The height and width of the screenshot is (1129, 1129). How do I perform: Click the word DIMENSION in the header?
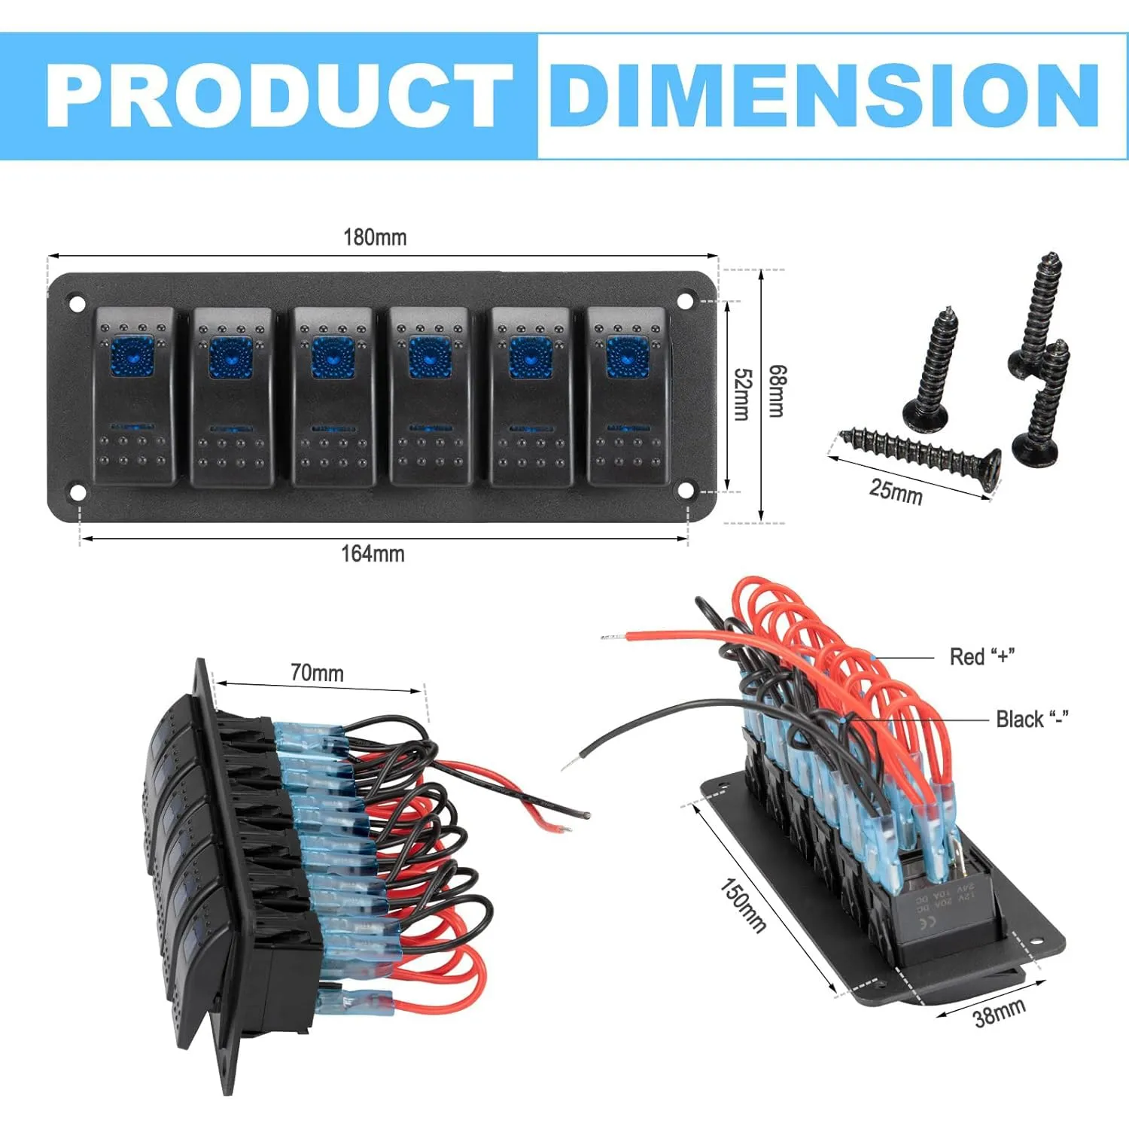click(x=825, y=96)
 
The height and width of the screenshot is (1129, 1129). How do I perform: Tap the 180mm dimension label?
click(x=375, y=237)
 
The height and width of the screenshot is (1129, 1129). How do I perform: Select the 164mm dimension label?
click(x=373, y=554)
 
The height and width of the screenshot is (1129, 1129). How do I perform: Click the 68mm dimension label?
click(x=777, y=391)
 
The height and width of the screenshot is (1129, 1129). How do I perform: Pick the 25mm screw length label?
click(x=896, y=491)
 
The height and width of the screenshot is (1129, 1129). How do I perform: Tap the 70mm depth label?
click(x=317, y=672)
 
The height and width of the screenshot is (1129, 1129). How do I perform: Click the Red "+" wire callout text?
click(x=982, y=656)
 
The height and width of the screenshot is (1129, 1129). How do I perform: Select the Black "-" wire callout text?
click(x=1032, y=719)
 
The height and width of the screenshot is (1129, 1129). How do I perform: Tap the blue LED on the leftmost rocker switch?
click(x=133, y=357)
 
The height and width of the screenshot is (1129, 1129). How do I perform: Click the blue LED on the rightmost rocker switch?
click(x=628, y=357)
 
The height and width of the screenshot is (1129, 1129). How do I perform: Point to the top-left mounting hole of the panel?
click(x=77, y=304)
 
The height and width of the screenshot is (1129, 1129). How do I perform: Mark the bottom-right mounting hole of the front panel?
click(x=685, y=491)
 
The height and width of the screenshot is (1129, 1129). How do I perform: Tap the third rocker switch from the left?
click(x=333, y=396)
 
